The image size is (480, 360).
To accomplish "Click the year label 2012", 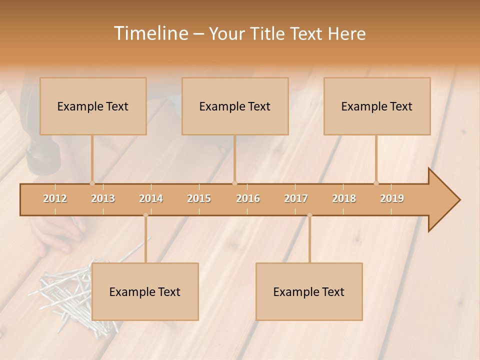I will [55, 199].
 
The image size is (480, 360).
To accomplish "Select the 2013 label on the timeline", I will [103, 199].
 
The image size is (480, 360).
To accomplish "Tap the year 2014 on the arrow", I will [151, 199].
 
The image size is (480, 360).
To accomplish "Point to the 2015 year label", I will [199, 199].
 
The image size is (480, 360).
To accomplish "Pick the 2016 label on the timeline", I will [248, 199].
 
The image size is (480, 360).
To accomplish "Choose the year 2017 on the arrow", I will [296, 199].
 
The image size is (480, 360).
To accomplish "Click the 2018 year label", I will [344, 199].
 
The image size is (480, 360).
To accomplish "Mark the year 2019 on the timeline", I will [392, 199].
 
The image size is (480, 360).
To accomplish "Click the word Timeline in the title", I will [150, 33].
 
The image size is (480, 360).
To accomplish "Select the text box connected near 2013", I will [93, 106].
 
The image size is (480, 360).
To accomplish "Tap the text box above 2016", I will [235, 106].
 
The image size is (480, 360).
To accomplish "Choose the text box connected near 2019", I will [377, 106].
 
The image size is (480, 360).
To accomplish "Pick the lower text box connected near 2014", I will [145, 292].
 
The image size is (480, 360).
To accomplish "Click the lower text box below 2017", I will [309, 292].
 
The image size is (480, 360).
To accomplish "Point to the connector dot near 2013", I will [92, 183].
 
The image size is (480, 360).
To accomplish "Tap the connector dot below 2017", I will [309, 215].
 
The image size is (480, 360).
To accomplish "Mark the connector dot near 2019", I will [376, 183].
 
